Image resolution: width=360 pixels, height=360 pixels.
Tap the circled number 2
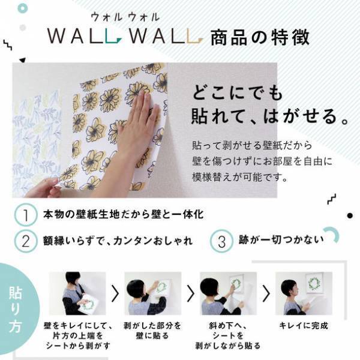[x=26, y=241]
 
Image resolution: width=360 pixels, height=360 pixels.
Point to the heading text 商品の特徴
[x=260, y=38]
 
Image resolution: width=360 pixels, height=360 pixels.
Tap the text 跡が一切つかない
[x=279, y=241]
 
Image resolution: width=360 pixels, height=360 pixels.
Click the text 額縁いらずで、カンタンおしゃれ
[x=117, y=241]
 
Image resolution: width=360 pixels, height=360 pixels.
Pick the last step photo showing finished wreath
[x=304, y=293]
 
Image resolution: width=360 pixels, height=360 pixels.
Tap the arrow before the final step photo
[x=266, y=294]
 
